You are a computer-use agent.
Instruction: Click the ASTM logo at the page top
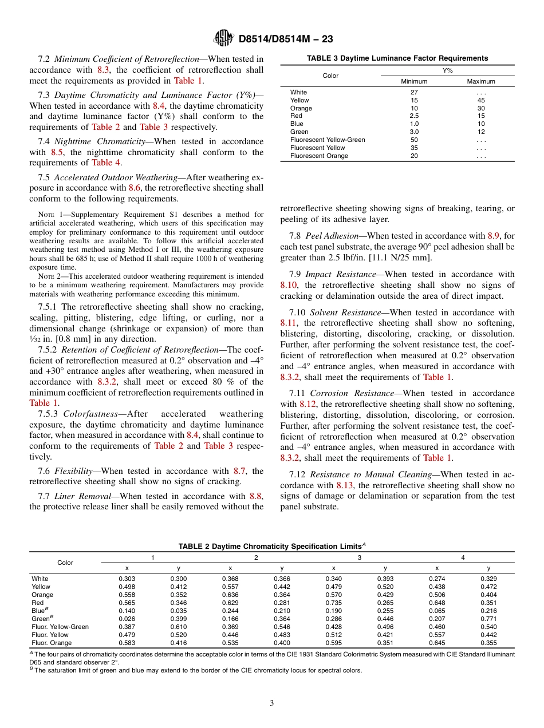point(223,38)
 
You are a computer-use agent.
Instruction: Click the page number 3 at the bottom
point(272,703)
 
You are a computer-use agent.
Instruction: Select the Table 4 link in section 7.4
point(102,163)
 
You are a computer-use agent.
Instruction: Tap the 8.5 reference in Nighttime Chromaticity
point(55,152)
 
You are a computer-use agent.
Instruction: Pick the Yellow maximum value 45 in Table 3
point(481,100)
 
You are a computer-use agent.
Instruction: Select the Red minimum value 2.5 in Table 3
point(414,116)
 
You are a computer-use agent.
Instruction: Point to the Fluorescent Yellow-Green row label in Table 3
point(327,140)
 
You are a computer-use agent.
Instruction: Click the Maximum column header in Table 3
point(481,82)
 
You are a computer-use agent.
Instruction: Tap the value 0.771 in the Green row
point(488,619)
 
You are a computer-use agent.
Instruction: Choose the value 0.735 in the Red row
point(333,603)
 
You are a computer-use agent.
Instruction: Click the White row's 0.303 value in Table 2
point(127,579)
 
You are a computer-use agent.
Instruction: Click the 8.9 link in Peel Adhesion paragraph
point(494,235)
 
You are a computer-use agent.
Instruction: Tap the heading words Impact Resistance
point(343,274)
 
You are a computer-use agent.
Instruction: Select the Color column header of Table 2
point(65,563)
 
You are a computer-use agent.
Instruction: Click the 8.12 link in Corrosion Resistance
point(307,404)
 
